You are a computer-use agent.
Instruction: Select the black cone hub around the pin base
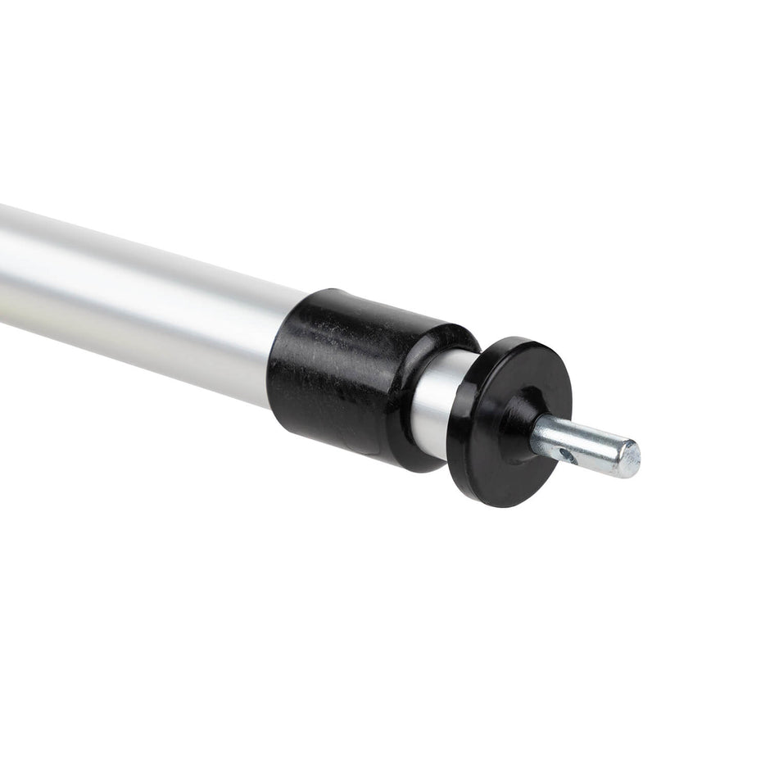(x=518, y=426)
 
